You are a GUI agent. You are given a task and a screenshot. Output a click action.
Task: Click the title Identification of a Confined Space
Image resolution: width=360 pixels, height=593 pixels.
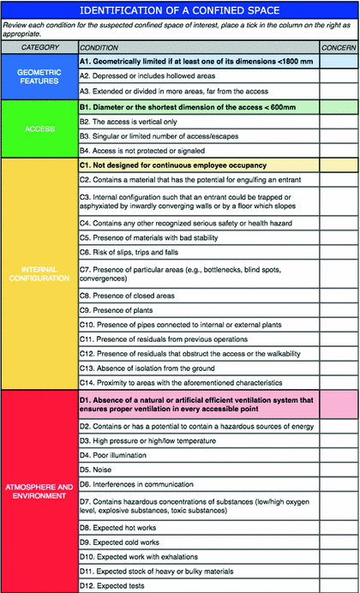(x=180, y=9)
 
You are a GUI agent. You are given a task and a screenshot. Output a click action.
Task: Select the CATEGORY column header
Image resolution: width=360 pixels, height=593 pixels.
(x=37, y=47)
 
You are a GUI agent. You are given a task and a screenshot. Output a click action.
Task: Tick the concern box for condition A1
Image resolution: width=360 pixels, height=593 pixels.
(x=338, y=62)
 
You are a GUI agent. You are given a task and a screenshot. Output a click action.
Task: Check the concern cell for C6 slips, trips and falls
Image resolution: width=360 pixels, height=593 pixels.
(x=338, y=252)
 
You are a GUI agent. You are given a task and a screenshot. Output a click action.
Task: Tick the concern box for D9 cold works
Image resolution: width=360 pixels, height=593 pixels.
(x=338, y=536)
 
